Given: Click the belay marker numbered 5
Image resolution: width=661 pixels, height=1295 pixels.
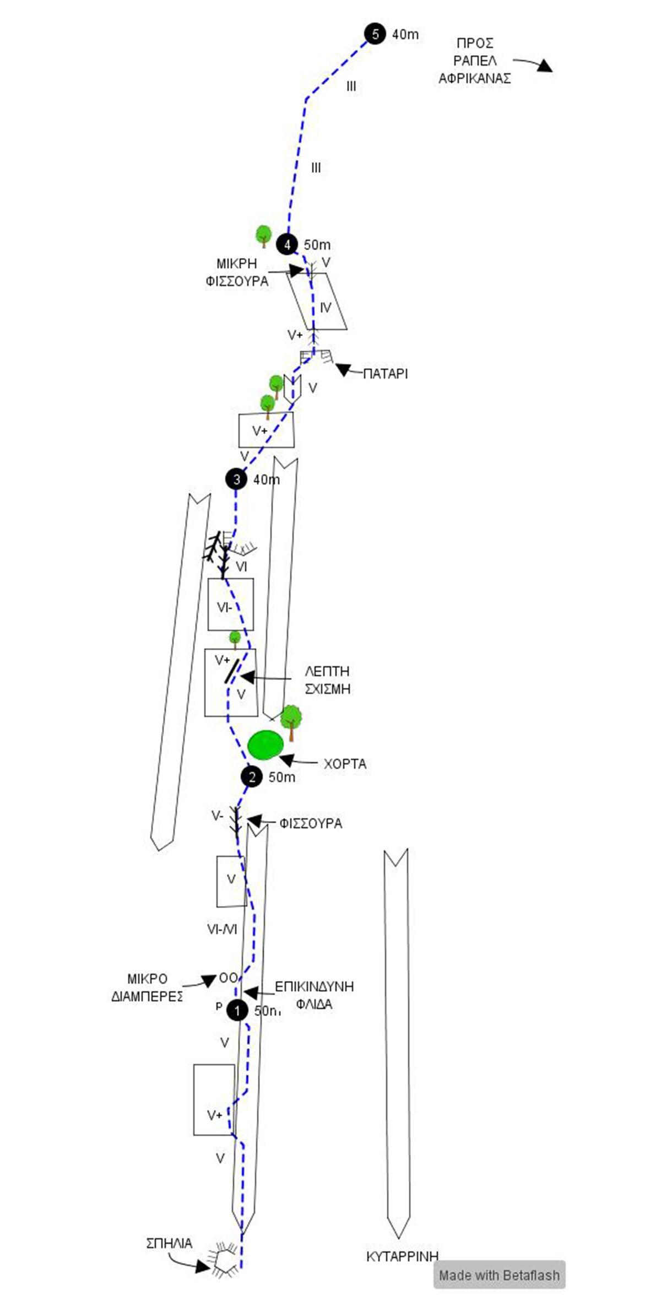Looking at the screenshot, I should click(x=375, y=34).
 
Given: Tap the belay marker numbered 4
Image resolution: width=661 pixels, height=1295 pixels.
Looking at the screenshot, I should click(x=287, y=244).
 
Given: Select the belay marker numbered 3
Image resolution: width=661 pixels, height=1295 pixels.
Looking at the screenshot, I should click(x=236, y=479).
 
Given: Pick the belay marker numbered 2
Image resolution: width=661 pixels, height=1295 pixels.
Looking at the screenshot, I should click(x=252, y=777).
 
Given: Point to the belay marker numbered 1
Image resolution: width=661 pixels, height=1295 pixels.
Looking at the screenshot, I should click(x=237, y=1011).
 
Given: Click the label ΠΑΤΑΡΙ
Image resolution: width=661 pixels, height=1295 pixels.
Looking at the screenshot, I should click(x=385, y=374).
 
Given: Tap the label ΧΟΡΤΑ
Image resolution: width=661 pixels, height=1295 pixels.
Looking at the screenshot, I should click(x=345, y=764).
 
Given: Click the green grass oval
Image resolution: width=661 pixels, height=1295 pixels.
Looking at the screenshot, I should click(x=266, y=745).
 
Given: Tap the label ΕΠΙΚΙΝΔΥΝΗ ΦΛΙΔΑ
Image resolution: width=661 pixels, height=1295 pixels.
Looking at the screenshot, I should click(x=314, y=995).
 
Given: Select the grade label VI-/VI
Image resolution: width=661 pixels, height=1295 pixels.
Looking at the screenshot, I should click(x=222, y=929).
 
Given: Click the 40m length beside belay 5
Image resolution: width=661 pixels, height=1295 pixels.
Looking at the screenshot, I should click(x=405, y=35).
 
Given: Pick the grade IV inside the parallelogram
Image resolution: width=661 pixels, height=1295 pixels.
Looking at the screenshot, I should click(x=326, y=307).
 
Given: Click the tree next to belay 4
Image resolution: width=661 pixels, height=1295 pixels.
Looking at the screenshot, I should click(x=264, y=235).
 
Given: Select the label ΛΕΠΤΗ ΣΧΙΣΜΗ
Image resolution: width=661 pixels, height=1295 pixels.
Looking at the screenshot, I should click(x=328, y=680).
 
